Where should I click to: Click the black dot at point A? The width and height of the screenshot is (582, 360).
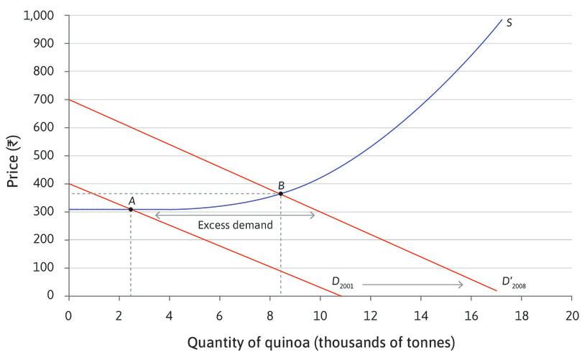pyautogui.click(x=130, y=209)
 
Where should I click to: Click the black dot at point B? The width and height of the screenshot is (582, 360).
pyautogui.click(x=281, y=193)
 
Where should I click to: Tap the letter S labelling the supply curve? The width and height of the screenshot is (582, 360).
pyautogui.click(x=509, y=22)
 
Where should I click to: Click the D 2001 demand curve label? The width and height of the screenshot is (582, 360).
pyautogui.click(x=342, y=282)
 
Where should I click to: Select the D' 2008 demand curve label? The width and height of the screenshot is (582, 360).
pyautogui.click(x=513, y=282)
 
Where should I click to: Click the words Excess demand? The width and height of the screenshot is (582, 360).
pyautogui.click(x=236, y=225)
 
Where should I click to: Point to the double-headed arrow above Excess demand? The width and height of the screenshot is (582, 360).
pyautogui.click(x=235, y=215)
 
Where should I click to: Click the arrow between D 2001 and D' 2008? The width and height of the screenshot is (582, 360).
pyautogui.click(x=413, y=285)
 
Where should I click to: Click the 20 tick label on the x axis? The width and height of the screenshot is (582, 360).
pyautogui.click(x=571, y=314)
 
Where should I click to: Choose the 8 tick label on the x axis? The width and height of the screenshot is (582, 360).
pyautogui.click(x=269, y=314)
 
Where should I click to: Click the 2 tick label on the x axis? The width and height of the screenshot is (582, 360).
pyautogui.click(x=119, y=314)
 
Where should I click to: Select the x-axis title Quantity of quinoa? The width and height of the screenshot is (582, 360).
pyautogui.click(x=321, y=343)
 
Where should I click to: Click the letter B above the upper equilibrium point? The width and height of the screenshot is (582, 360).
pyautogui.click(x=281, y=185)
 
